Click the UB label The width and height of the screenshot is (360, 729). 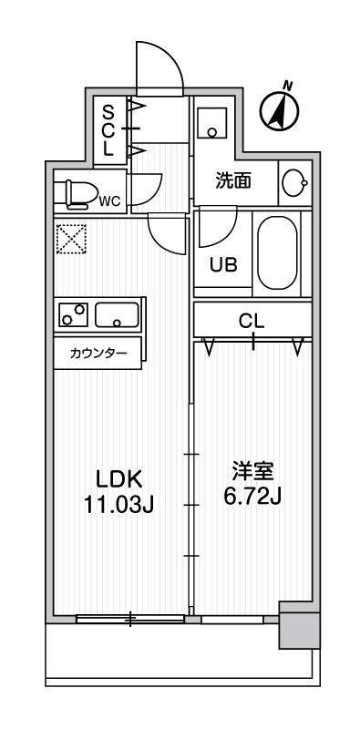point(224,265)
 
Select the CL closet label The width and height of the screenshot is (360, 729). point(252,321)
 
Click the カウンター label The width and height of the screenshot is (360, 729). point(98,354)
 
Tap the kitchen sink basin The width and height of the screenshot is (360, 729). point(118,315)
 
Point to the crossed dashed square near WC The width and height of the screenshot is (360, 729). point(71,241)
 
